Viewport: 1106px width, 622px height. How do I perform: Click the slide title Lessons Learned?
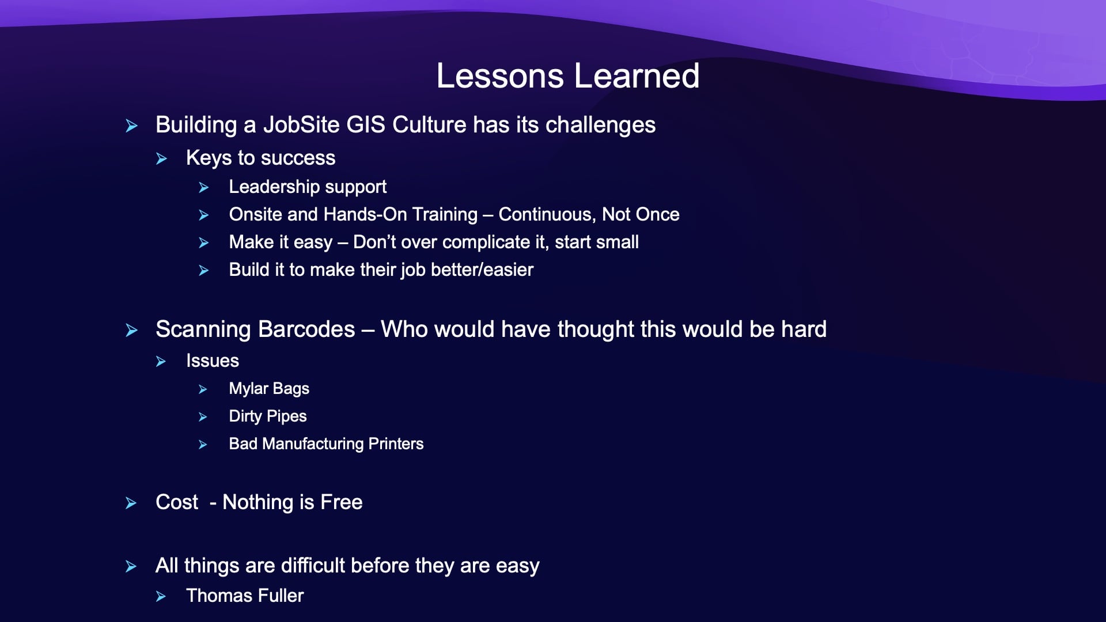pos(568,75)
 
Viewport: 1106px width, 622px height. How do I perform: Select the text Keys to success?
pos(260,158)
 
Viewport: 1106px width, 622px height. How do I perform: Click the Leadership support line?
pos(308,187)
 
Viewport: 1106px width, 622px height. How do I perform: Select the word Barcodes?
pos(306,329)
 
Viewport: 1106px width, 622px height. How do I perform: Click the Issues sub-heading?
pos(213,361)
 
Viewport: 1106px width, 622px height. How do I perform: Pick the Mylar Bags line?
pos(269,389)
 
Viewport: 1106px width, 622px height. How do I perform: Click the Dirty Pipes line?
pos(268,416)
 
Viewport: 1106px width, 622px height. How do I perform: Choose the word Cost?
pos(177,502)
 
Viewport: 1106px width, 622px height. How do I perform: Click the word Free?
pos(342,502)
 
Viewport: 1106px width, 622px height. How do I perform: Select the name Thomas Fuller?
pos(245,596)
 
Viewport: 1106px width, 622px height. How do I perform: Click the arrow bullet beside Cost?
pos(131,503)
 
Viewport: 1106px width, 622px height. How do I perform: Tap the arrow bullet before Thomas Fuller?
pos(161,597)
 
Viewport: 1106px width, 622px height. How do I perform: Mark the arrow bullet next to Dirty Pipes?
pos(203,417)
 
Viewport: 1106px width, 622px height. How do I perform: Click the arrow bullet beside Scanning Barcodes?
pos(131,331)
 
